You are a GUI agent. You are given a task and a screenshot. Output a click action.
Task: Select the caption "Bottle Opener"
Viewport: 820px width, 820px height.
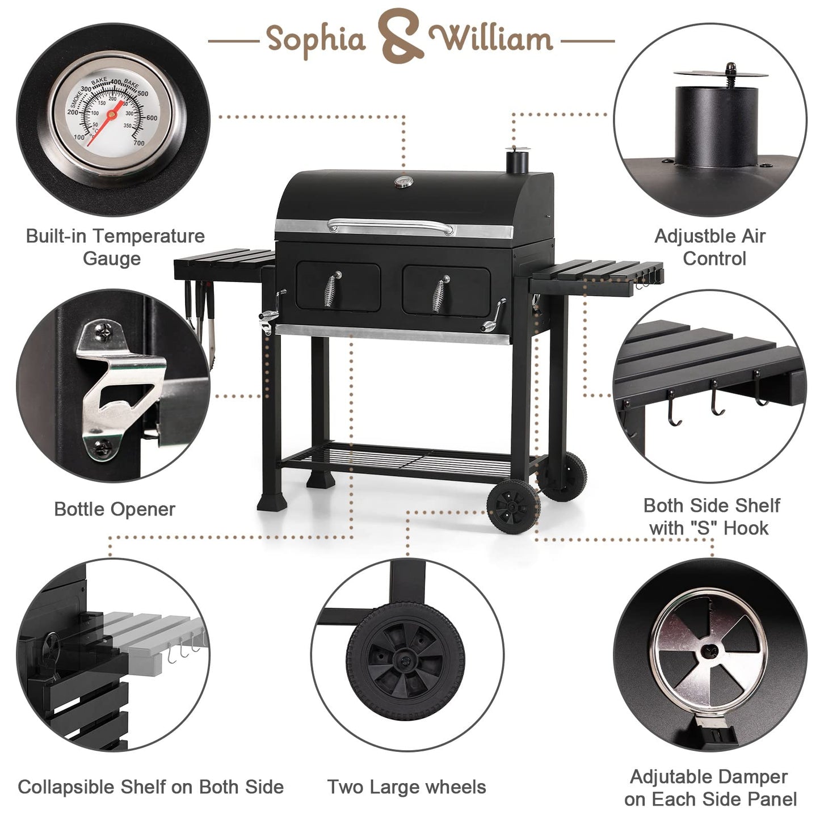pos(114,509)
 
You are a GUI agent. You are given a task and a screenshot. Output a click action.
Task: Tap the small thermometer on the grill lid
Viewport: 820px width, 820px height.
pos(402,182)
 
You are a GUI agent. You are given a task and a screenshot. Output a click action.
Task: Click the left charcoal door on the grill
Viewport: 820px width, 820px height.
pos(338,286)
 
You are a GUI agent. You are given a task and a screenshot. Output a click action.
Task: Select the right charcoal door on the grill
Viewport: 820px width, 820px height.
pos(446,290)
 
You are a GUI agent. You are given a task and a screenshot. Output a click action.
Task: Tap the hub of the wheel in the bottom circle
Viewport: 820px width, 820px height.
pos(405,660)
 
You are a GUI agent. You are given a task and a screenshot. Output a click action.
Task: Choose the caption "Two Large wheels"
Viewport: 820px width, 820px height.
pos(406,787)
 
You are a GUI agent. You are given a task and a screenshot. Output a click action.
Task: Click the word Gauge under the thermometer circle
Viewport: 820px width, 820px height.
pos(112,259)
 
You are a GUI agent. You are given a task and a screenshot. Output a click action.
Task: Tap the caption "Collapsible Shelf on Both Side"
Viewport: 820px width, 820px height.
pos(150,787)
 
